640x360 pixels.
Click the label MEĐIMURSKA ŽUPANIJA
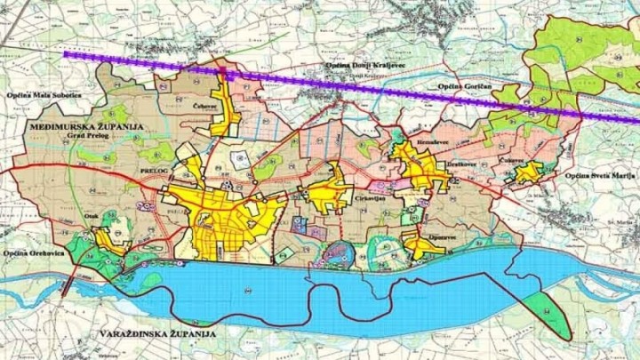(x=86, y=128)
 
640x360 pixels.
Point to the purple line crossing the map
(x=356, y=88)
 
